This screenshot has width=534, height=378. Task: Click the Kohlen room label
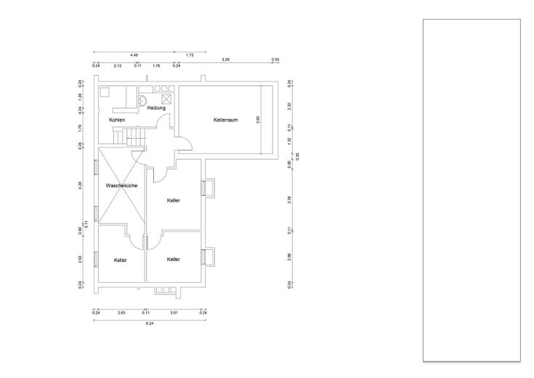[117, 119]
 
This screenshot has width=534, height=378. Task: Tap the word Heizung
[156, 108]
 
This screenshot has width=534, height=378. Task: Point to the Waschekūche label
[121, 186]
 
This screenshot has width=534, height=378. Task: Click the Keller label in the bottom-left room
[121, 260]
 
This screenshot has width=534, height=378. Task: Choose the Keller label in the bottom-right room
[174, 259]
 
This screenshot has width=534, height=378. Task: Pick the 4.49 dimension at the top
[134, 55]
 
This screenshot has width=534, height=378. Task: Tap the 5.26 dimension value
[226, 60]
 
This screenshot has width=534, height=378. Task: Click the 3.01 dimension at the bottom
[174, 313]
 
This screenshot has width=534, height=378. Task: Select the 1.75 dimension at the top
[190, 55]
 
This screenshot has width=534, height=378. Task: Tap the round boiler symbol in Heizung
[145, 100]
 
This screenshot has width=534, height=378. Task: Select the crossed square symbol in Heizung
[166, 99]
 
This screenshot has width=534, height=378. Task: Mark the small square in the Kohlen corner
[105, 92]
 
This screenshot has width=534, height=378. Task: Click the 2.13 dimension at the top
[118, 65]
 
